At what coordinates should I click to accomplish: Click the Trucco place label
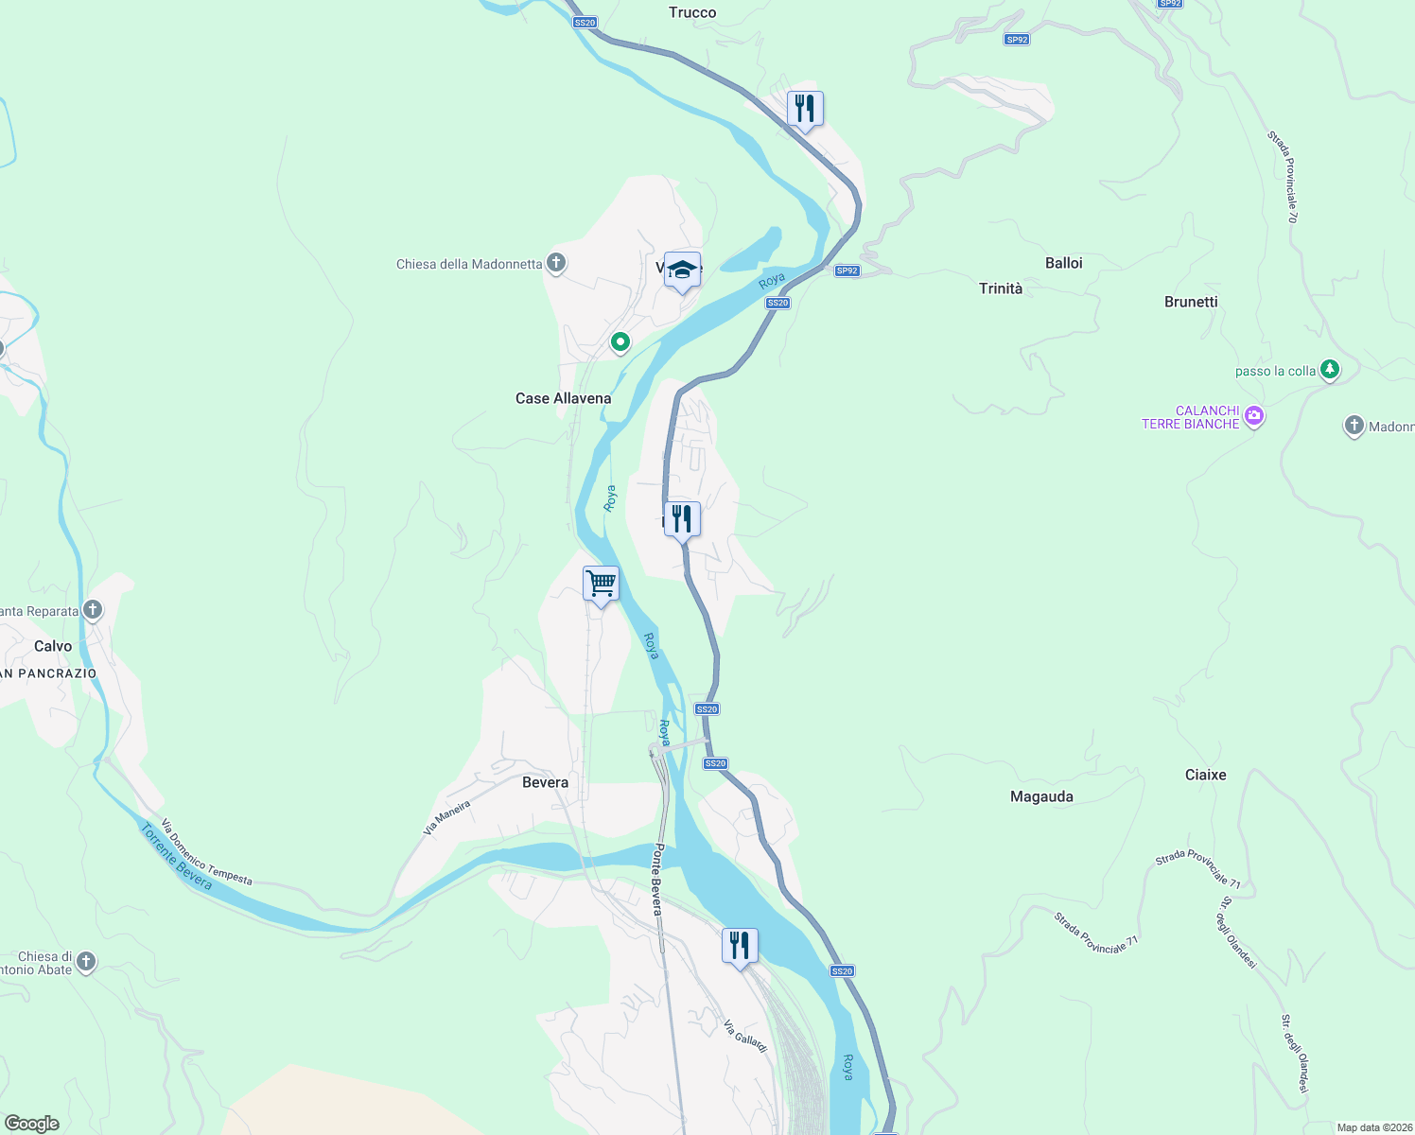pos(692,12)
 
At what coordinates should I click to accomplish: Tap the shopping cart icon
pos(601,584)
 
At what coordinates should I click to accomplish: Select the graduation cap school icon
pos(682,271)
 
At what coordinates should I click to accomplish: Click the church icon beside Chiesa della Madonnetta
pos(556,263)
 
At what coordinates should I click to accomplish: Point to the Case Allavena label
pos(563,398)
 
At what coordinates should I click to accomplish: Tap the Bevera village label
pos(545,782)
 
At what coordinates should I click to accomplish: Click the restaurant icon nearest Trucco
pos(805,109)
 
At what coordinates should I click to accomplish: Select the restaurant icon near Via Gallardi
pos(740,946)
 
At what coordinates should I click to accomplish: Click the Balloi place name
pos(1063,263)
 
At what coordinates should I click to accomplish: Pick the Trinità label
pos(1000,288)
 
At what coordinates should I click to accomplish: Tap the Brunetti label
pos(1190,302)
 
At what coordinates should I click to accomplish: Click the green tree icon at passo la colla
pos(1330,369)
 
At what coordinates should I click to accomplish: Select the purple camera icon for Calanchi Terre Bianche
pos(1254,416)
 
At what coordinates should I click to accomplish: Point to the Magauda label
pos(1041,796)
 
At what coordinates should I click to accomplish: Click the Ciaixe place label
pos(1205,775)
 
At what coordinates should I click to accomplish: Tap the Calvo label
pos(53,646)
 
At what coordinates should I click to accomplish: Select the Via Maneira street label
pos(446,818)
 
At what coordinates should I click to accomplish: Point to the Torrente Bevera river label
pos(177,856)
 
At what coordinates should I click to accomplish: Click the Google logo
pos(32,1124)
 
